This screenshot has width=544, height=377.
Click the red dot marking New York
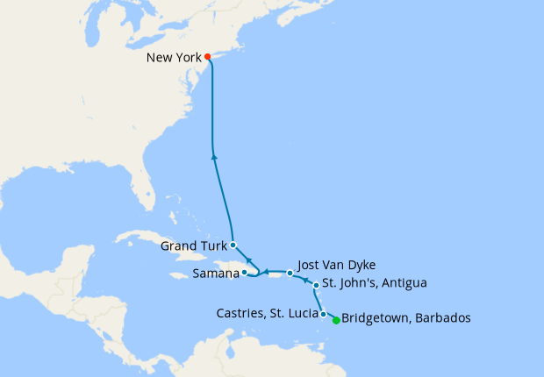(x=208, y=58)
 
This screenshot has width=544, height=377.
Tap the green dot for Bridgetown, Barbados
(x=336, y=320)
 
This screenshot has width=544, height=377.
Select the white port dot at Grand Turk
(x=233, y=245)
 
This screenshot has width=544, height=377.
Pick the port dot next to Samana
(x=245, y=273)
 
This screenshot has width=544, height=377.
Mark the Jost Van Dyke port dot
(x=290, y=274)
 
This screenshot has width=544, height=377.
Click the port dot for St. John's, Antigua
(x=316, y=285)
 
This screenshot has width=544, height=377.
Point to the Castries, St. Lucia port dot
(x=324, y=314)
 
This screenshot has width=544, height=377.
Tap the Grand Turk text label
(x=193, y=246)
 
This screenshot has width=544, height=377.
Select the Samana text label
(x=215, y=274)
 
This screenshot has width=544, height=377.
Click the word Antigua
(x=404, y=283)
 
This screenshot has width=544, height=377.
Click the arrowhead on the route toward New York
(x=214, y=157)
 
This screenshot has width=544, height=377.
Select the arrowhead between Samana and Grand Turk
(x=249, y=260)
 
